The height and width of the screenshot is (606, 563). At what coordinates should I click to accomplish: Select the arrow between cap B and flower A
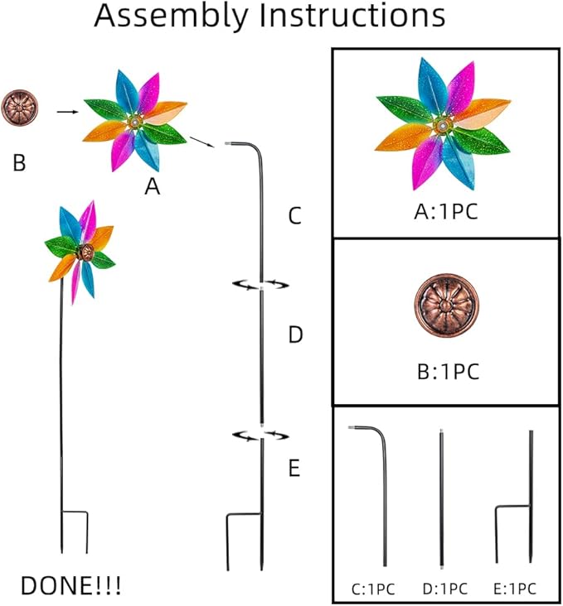(x=66, y=110)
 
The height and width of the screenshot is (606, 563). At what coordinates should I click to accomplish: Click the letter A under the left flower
(x=152, y=188)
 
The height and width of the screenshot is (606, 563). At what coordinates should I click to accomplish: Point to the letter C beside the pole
(x=294, y=218)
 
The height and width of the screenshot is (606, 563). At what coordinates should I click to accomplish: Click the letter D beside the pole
(x=294, y=335)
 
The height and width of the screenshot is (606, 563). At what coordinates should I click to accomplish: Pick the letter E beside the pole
(x=294, y=469)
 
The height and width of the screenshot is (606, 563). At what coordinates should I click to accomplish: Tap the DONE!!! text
(x=70, y=585)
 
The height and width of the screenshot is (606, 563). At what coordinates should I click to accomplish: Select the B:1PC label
(x=445, y=370)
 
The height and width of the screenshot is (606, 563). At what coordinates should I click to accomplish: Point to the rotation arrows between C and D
(x=260, y=285)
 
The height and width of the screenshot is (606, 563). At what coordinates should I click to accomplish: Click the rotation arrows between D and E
(x=260, y=434)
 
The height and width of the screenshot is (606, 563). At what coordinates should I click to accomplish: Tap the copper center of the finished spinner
(x=83, y=250)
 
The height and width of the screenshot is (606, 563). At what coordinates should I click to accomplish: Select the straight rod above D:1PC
(x=442, y=497)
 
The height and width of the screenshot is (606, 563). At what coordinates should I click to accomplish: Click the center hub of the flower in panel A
(x=440, y=124)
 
